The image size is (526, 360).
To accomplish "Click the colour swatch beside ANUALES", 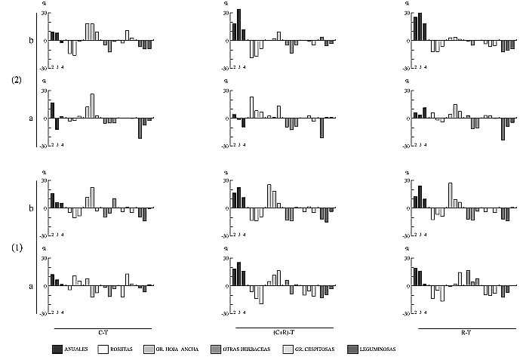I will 58,349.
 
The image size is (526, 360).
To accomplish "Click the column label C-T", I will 103,333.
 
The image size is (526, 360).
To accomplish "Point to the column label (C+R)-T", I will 284,333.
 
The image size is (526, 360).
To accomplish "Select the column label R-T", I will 466,333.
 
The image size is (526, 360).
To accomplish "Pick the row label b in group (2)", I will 31,40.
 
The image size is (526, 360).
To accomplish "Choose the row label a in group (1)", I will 31,286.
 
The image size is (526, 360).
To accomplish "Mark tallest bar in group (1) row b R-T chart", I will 451,195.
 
